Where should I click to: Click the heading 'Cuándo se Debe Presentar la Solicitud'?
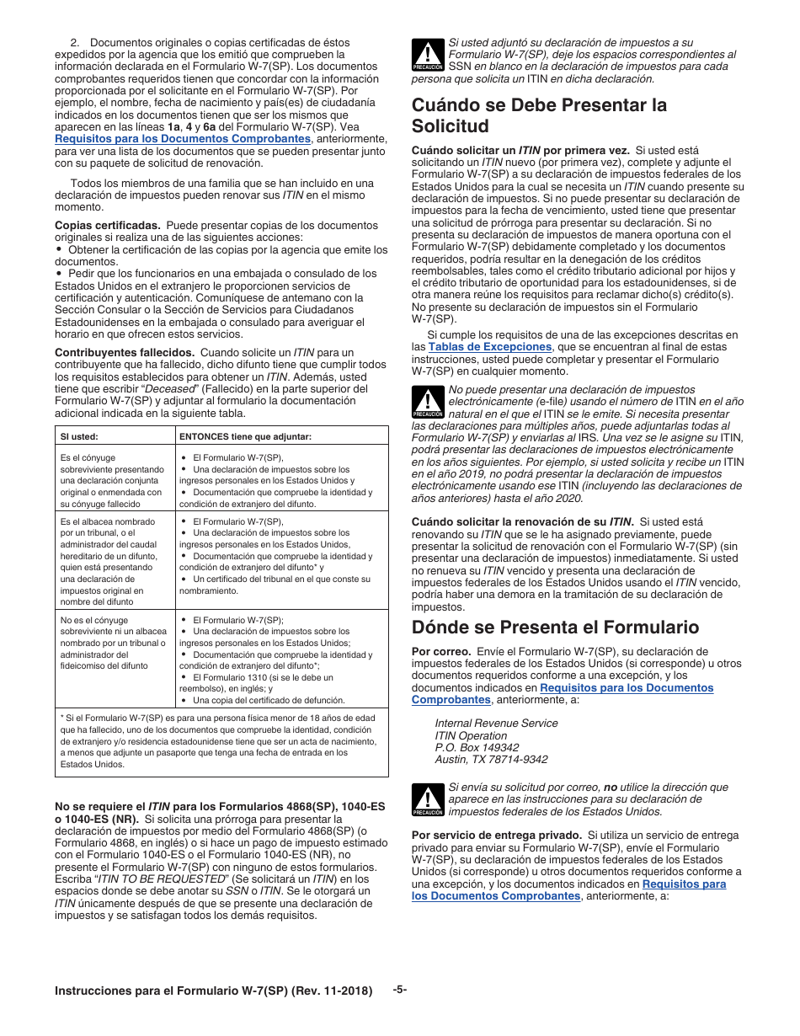click(x=539, y=115)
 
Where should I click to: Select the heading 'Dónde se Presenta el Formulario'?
click(x=555, y=627)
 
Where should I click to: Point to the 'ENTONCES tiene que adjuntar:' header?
click(x=245, y=436)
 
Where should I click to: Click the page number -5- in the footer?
click(x=400, y=990)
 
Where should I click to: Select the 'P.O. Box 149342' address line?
click(x=477, y=747)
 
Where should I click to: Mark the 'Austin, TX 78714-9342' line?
click(x=491, y=759)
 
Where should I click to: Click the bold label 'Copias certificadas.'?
click(x=107, y=226)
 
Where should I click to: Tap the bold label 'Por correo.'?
click(x=441, y=651)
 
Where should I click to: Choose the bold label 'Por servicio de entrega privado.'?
click(x=496, y=836)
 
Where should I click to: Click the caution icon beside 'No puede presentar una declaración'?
click(x=428, y=402)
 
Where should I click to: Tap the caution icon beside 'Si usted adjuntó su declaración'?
click(x=428, y=55)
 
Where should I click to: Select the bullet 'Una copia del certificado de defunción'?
click(x=257, y=700)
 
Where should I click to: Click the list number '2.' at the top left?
click(x=74, y=42)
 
